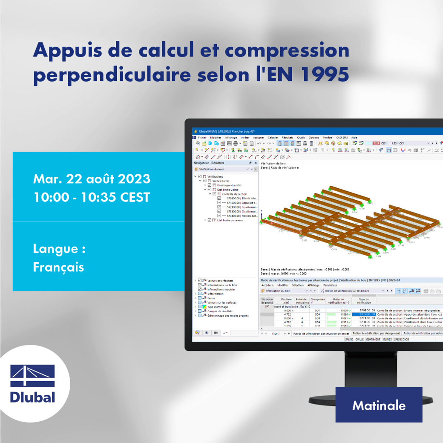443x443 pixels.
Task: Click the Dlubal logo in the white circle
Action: (x=32, y=384)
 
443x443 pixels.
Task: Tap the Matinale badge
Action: (x=379, y=405)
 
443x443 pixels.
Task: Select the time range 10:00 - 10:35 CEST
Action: (x=91, y=197)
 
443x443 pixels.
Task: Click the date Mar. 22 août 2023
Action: (x=92, y=178)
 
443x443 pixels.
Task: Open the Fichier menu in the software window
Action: (x=202, y=138)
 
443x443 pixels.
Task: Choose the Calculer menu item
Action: (x=273, y=138)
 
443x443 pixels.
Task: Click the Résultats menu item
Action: (x=288, y=138)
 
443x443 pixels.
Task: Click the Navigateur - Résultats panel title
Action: (x=209, y=163)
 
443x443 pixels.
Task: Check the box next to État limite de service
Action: (x=209, y=220)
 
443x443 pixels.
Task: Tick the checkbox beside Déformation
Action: (x=200, y=294)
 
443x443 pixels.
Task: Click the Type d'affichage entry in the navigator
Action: (x=218, y=307)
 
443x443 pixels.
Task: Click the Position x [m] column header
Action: (x=287, y=301)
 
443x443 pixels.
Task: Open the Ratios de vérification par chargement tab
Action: (x=376, y=333)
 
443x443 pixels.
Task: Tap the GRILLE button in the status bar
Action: (x=359, y=339)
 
